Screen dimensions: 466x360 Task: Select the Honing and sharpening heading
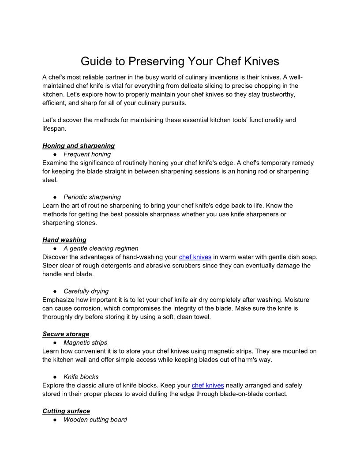pos(79,146)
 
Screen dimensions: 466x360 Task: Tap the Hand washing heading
pos(64,240)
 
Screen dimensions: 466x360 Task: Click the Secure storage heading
pos(66,334)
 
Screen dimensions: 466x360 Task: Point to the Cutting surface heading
pos(66,411)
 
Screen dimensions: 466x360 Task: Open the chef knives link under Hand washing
pos(195,257)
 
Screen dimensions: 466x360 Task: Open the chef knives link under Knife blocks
pos(208,385)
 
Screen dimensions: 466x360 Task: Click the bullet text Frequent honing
pos(87,154)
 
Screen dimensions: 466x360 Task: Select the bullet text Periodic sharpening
pos(92,197)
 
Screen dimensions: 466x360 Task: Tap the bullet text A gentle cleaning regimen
pos(101,248)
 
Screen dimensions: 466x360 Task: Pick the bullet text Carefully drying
pos(86,291)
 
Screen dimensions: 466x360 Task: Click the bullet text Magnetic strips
pos(85,342)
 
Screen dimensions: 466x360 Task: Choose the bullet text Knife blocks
pos(81,377)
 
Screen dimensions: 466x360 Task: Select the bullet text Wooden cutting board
pos(95,420)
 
